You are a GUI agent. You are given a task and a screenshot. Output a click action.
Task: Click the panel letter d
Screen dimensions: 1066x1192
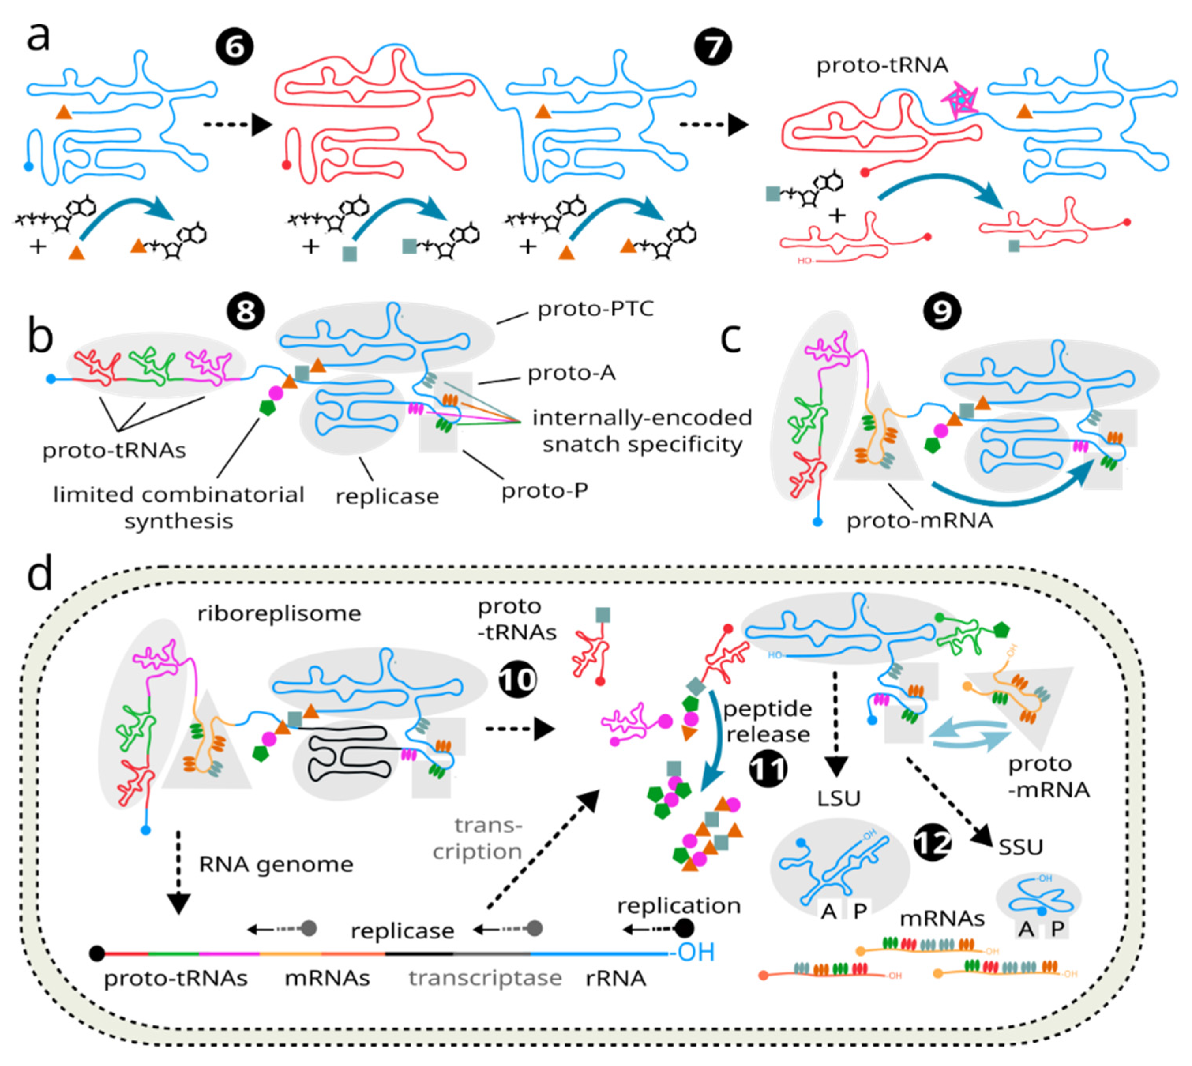(40, 574)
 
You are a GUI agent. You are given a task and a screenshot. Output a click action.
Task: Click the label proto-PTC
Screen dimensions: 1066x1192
(595, 309)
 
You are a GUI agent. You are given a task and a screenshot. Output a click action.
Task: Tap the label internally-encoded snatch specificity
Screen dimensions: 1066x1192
(642, 431)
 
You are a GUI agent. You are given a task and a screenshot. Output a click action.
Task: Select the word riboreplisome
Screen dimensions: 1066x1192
(279, 614)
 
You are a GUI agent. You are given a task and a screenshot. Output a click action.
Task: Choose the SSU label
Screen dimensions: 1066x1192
(1021, 847)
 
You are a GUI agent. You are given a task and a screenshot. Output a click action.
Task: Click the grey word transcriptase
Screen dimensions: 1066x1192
(485, 978)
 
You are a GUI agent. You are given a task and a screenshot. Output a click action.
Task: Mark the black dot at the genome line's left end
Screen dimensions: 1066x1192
(97, 953)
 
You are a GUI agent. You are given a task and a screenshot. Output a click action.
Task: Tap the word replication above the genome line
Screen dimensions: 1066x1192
(679, 906)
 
